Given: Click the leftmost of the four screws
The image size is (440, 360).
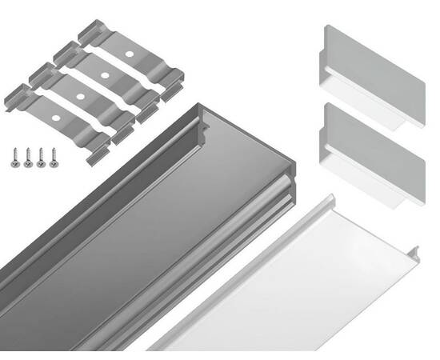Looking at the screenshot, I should pos(15,158).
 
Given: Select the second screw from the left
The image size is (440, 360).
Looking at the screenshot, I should pos(28,158).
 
